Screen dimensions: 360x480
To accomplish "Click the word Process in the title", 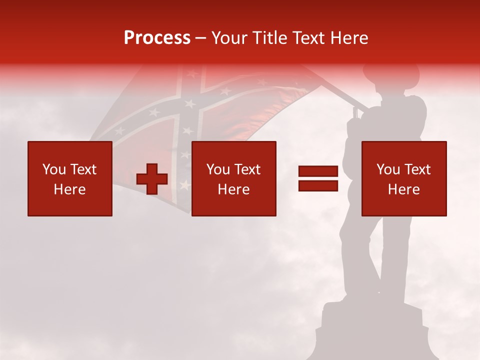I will click(157, 38).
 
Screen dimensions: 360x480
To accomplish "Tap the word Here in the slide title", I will click(349, 38).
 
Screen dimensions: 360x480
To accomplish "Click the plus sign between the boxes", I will click(152, 179).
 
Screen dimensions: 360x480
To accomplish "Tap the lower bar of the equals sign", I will click(318, 186).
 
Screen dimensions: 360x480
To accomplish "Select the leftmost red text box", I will click(70, 179).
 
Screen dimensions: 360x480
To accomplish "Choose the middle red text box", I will click(233, 179).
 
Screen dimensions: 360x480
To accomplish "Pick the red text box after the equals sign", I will click(404, 179).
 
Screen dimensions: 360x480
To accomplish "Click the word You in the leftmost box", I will click(54, 169).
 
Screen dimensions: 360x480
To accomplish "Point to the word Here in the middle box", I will click(233, 189).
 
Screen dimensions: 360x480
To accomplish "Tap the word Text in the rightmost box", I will click(417, 169).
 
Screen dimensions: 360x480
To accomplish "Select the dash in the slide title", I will click(201, 38).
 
